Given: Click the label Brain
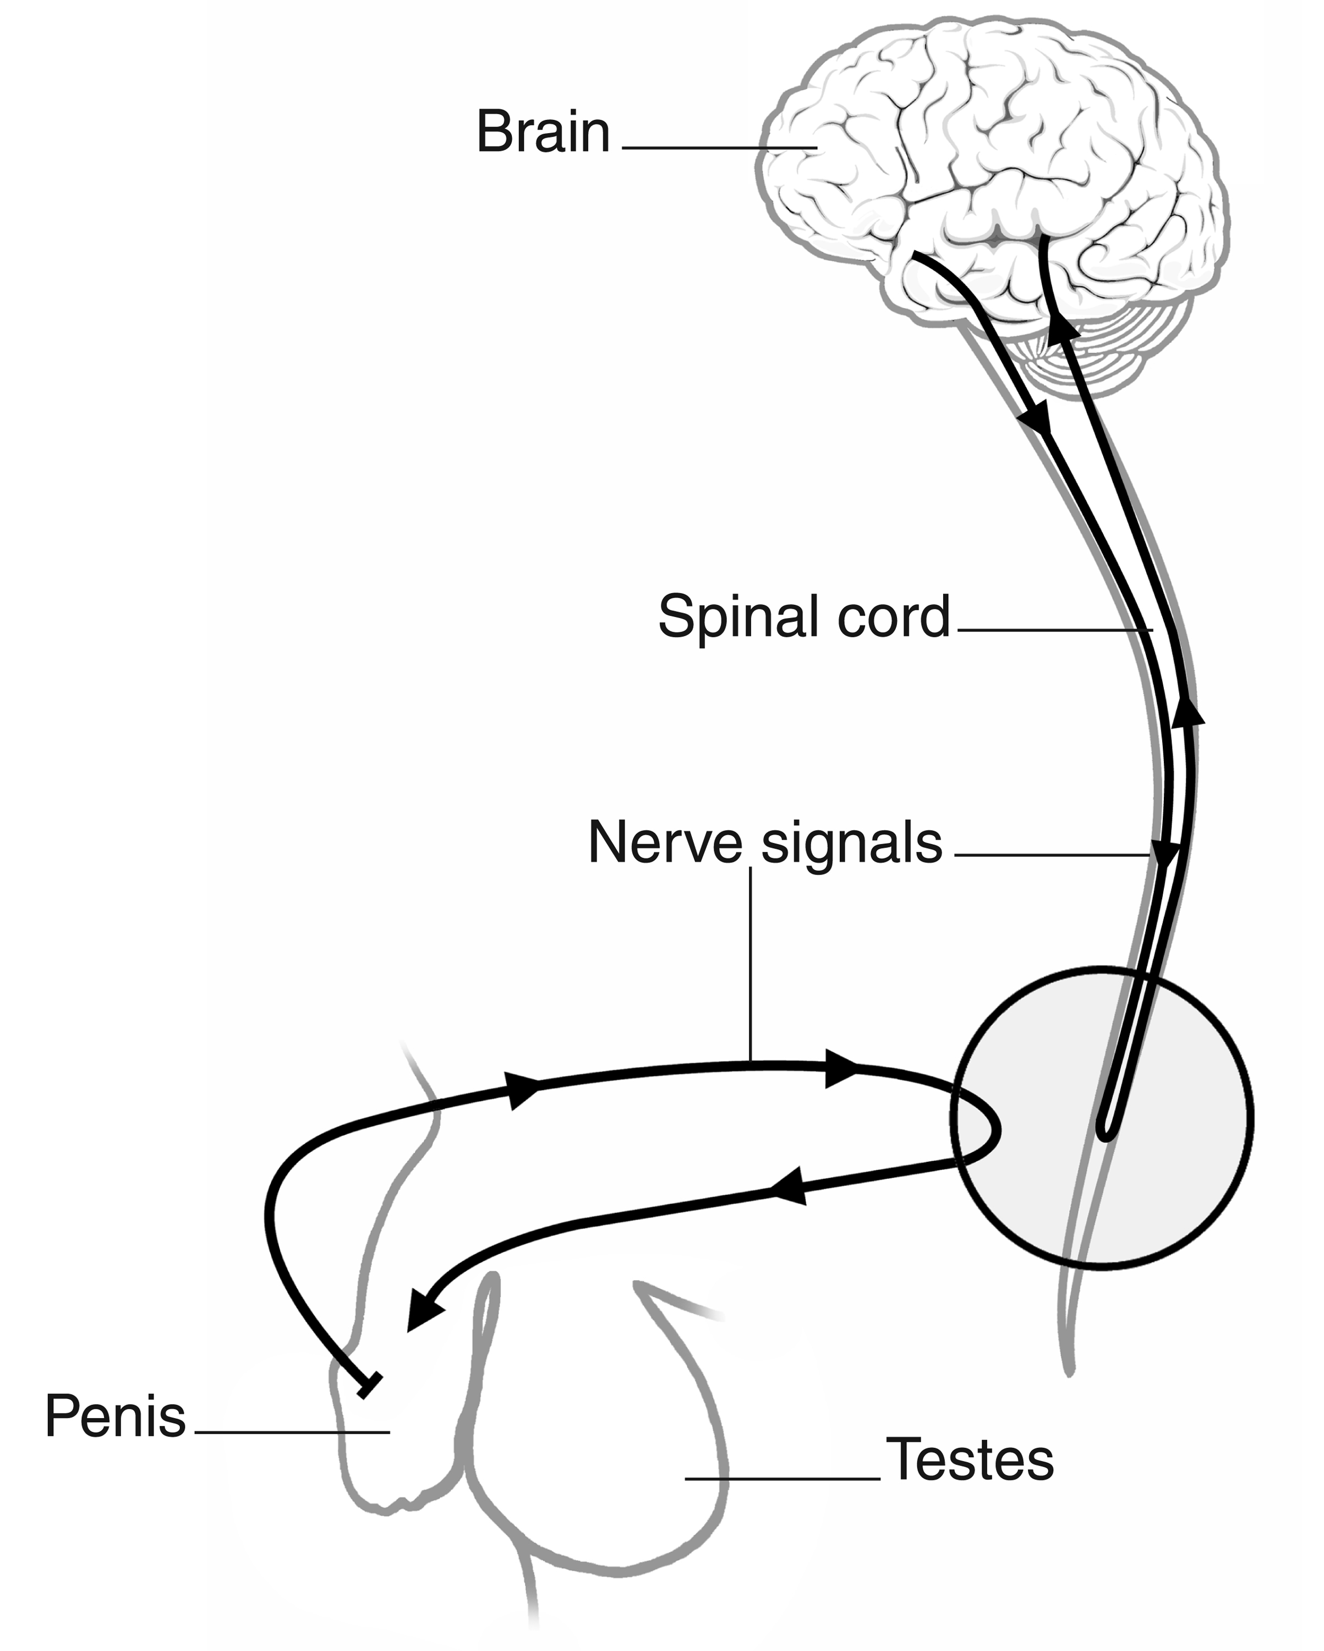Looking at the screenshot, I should [543, 133].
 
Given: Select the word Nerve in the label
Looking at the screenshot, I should [665, 843].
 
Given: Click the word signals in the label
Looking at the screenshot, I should [851, 844].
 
